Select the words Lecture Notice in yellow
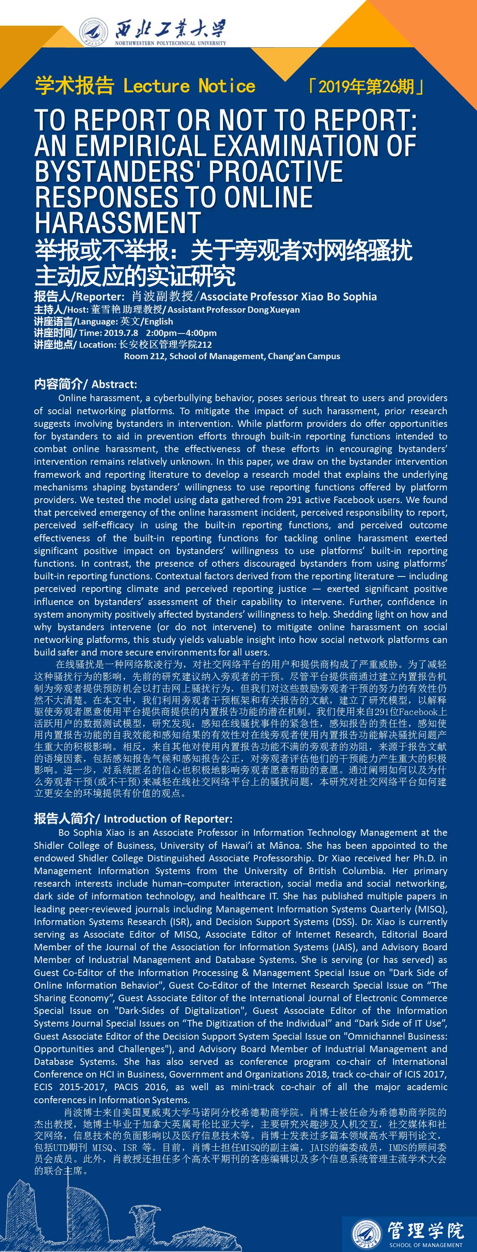[189, 86]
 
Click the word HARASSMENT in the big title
[118, 222]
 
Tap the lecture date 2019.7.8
[121, 333]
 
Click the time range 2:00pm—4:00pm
[181, 333]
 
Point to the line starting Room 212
[232, 356]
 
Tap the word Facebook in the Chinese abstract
[419, 712]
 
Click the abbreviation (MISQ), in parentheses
[431, 909]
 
